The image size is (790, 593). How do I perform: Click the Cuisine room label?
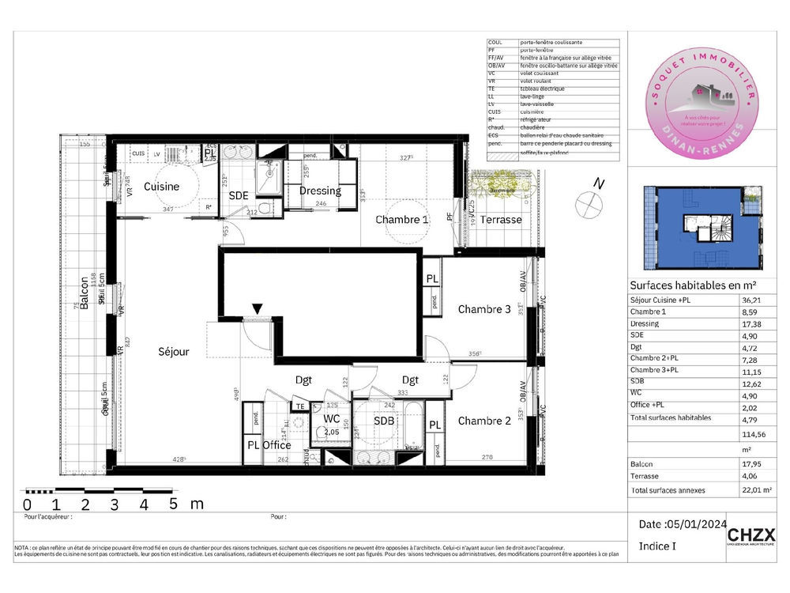click(x=161, y=187)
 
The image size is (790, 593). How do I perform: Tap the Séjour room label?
click(x=173, y=351)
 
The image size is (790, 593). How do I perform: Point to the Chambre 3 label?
click(x=484, y=309)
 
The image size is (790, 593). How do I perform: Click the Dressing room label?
click(x=320, y=191)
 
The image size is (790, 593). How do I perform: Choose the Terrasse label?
click(x=502, y=220)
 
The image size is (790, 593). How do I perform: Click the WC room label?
click(x=332, y=419)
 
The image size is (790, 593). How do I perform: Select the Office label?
click(x=277, y=445)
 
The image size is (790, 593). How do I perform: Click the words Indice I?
click(x=658, y=546)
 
